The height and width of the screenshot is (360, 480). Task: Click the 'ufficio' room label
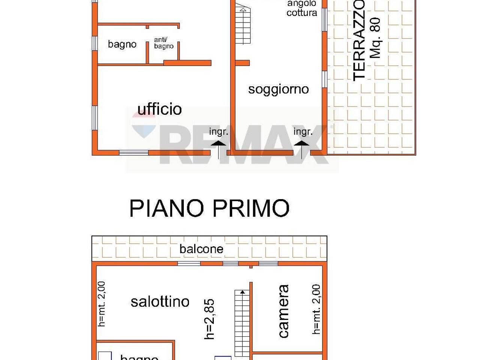[159, 109]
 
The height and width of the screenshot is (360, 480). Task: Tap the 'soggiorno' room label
[278, 89]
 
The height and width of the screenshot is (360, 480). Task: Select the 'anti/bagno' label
[163, 43]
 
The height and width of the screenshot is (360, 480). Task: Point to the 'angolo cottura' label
[301, 8]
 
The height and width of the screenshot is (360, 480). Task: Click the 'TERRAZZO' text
[359, 40]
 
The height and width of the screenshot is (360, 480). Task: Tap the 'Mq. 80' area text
[375, 37]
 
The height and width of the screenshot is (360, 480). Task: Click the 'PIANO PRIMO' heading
[209, 208]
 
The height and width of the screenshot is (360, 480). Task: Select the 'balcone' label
[201, 249]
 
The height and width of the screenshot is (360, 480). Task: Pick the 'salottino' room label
[160, 301]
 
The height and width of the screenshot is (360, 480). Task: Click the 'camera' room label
[283, 311]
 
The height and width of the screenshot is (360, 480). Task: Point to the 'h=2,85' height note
[210, 319]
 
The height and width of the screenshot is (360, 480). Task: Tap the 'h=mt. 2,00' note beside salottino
[102, 304]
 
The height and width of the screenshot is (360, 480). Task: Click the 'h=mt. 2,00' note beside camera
[316, 309]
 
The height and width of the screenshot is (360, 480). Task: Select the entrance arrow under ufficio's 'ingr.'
[218, 148]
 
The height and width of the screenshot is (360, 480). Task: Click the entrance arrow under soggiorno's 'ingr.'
[302, 148]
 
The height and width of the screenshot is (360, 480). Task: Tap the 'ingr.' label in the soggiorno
[303, 132]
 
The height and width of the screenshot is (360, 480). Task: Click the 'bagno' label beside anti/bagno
[122, 44]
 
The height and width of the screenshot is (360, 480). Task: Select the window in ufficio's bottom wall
[134, 153]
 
